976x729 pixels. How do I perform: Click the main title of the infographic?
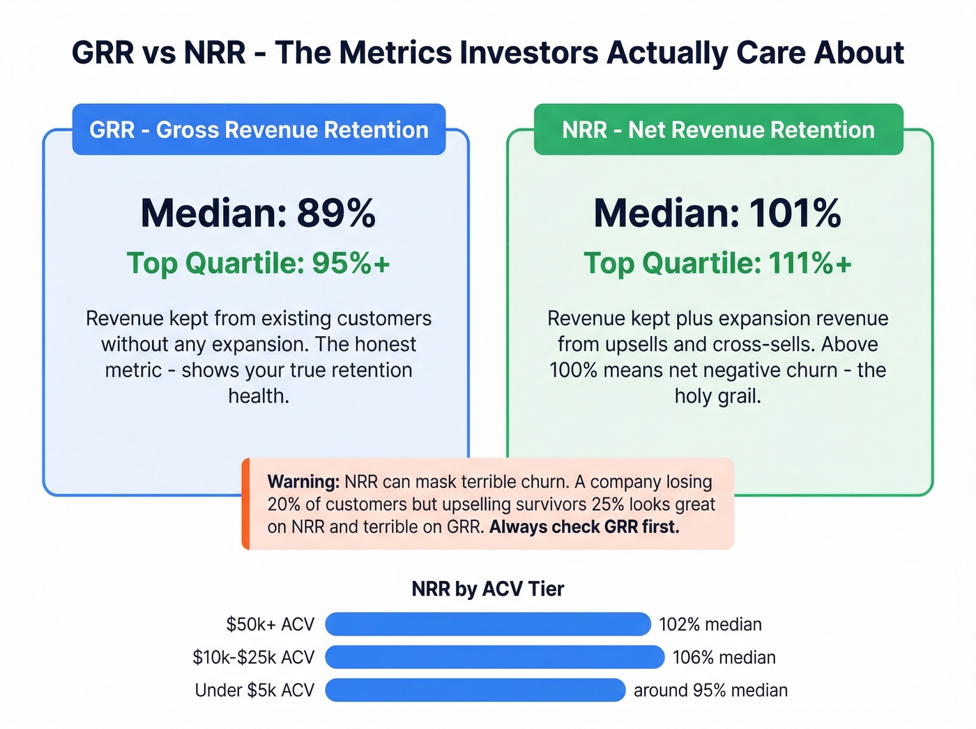click(x=488, y=53)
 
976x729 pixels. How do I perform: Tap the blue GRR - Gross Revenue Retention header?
click(x=259, y=130)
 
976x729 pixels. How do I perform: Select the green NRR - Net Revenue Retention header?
click(x=718, y=130)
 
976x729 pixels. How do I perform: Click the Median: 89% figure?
click(x=258, y=213)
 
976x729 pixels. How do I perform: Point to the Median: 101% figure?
click(x=717, y=213)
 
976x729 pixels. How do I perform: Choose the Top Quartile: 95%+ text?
click(x=258, y=264)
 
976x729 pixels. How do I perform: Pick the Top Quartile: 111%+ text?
click(x=717, y=264)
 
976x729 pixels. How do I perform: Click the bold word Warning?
click(x=303, y=482)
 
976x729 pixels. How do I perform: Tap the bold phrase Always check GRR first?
click(x=584, y=527)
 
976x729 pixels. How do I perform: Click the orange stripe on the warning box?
click(x=245, y=504)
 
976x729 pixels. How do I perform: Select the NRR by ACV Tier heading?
click(x=487, y=589)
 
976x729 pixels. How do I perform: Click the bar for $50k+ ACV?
click(x=487, y=624)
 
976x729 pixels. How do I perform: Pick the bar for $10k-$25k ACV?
click(x=494, y=657)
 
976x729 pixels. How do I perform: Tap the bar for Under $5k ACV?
click(x=475, y=690)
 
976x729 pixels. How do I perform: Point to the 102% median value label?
click(x=710, y=624)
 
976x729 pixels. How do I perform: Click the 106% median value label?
click(x=724, y=657)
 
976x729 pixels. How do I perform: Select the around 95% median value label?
click(x=710, y=690)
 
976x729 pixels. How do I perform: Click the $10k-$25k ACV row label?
click(x=254, y=657)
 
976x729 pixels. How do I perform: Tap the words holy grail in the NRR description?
click(x=717, y=396)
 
